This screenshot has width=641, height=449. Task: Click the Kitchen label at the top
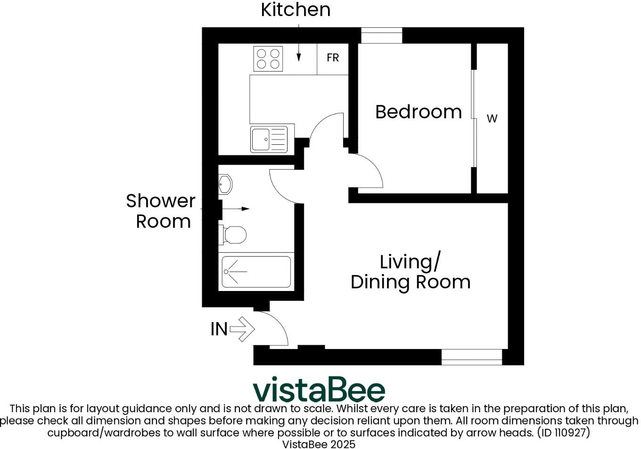tap(296, 10)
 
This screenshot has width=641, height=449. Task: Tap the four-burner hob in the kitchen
tap(268, 58)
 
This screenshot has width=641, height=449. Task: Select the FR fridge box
tap(333, 58)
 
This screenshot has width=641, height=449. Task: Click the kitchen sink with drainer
tap(269, 140)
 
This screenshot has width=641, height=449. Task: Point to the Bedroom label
tap(419, 112)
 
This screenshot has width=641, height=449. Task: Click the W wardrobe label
tap(492, 119)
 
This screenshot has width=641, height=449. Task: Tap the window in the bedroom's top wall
tap(382, 35)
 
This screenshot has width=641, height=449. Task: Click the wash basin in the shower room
tap(226, 184)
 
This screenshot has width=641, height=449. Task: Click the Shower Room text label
tap(161, 211)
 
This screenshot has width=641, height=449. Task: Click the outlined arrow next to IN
tap(242, 329)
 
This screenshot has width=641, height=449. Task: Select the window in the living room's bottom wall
tap(471, 357)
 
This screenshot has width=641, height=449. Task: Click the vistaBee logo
tap(319, 390)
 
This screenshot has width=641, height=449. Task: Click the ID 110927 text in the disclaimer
tap(563, 432)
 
